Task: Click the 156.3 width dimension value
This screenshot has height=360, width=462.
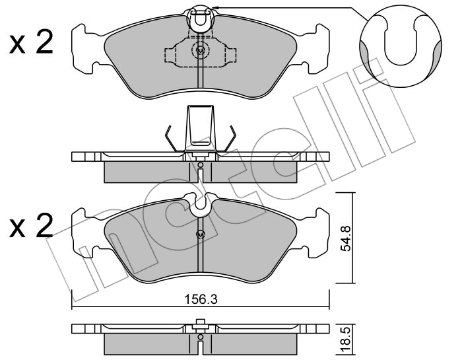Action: point(201,299)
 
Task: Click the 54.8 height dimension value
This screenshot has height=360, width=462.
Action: point(345,238)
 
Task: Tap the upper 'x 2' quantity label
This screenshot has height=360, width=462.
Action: point(31,44)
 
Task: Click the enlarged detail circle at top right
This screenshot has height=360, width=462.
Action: point(401,46)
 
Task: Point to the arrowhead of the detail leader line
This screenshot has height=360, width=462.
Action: point(215,8)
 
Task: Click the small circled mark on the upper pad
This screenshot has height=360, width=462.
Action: point(200,51)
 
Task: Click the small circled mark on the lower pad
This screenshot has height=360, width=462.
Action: point(200,234)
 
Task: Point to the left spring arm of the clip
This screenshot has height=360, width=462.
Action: point(173,139)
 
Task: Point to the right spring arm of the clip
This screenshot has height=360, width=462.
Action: point(228,139)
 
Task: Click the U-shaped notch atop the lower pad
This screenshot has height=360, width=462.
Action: point(201,203)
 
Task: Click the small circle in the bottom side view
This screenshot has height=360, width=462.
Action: point(201,337)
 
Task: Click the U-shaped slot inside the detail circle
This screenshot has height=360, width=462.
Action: point(401,41)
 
